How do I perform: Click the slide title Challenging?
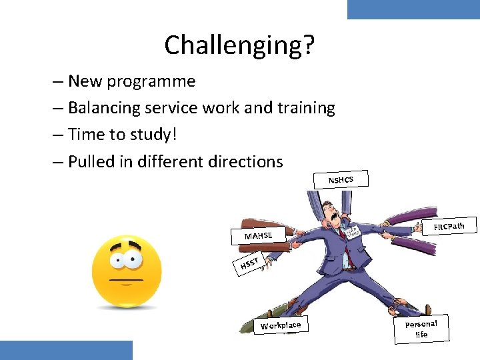pos(239,45)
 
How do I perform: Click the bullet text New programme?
pos(132,81)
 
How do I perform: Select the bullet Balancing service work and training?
pos(201,108)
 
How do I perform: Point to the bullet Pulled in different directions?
pos(175,161)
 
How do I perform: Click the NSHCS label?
pos(340,179)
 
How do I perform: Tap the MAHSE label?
pos(258,235)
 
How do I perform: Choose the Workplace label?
pos(281,325)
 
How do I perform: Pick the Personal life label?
pos(421,328)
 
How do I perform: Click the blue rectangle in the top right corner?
pos(413,9)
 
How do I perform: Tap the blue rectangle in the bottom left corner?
pos(66,350)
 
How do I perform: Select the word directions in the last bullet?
pos(245,161)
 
